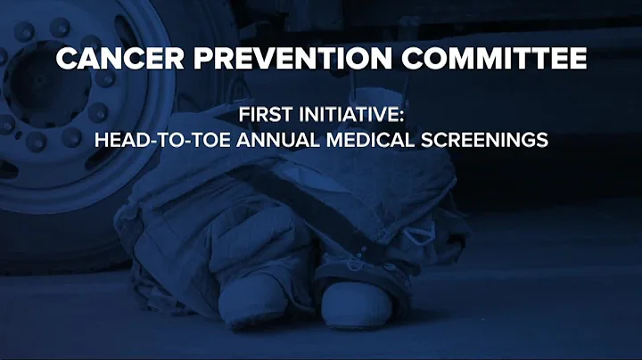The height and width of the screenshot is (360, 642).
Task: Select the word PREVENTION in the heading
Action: point(272,61)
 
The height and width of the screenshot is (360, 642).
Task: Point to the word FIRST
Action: point(263,115)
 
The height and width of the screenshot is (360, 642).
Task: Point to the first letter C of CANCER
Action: point(64,61)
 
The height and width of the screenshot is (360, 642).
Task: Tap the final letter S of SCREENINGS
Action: point(541,140)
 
